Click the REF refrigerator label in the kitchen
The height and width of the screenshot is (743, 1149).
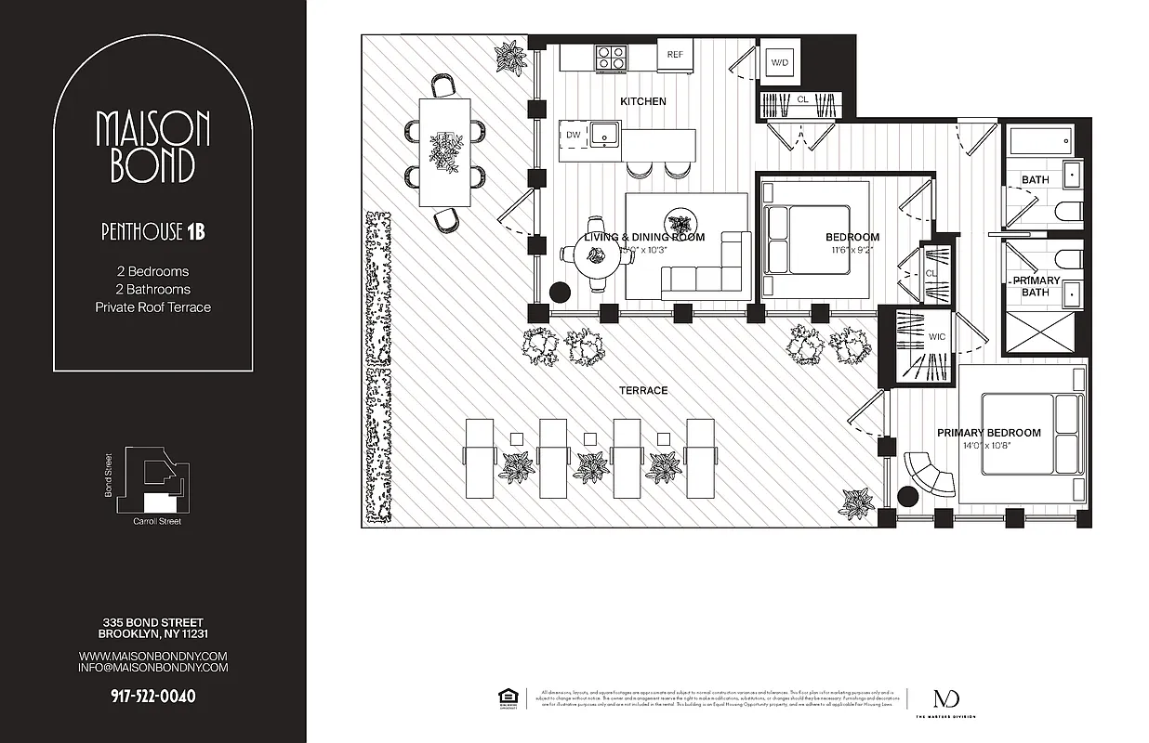pos(675,55)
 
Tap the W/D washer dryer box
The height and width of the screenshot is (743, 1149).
pos(779,62)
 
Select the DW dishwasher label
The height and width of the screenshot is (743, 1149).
pos(574,136)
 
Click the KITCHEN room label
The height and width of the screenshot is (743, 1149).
pos(643,101)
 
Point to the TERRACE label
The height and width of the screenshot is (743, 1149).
pos(643,390)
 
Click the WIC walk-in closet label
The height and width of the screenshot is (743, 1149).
pos(936,336)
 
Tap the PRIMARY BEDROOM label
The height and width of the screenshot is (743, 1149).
pos(988,433)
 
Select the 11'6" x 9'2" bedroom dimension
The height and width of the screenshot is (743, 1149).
pos(850,250)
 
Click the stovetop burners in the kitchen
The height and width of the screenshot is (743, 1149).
pos(610,57)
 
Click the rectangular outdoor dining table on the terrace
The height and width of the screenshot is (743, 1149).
pos(445,151)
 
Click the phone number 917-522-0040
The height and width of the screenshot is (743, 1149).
pos(152,696)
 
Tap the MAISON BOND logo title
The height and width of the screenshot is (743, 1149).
pos(153,146)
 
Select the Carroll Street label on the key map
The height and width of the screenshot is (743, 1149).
pos(157,521)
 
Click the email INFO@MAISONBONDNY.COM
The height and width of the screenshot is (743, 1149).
pos(152,667)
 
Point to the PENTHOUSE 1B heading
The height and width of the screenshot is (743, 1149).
pos(152,232)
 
